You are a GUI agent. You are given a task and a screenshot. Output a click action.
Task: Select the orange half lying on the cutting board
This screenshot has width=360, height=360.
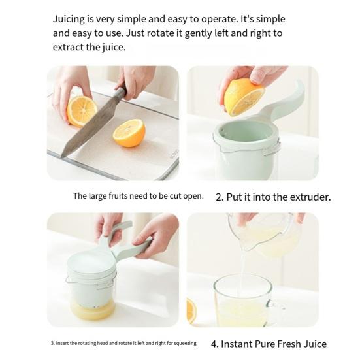point(129,133)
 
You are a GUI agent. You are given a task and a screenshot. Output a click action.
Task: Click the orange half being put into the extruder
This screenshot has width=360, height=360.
point(243,97)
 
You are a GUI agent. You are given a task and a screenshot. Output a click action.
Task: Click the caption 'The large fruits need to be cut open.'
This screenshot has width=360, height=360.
point(138,196)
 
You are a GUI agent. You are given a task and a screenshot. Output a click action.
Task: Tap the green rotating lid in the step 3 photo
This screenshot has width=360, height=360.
point(91,261)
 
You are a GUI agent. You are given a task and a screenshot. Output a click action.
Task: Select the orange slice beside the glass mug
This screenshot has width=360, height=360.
point(191,311)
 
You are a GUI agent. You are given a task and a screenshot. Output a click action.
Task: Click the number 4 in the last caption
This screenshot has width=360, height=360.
point(214,344)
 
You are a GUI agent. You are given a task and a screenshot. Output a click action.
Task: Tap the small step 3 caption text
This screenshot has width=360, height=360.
point(123,343)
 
